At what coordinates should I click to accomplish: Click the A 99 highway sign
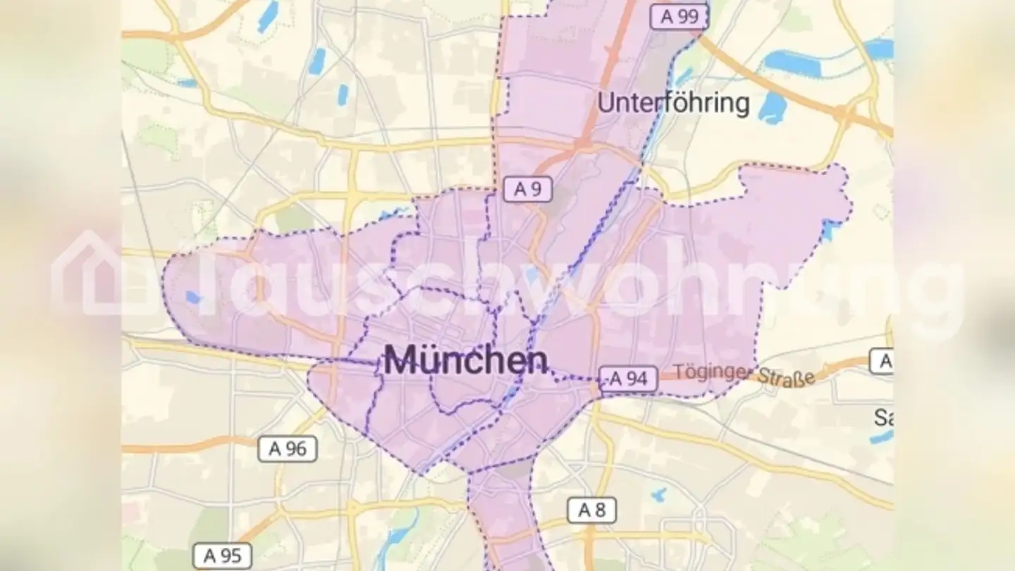click(x=679, y=17)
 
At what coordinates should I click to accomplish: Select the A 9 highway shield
click(x=527, y=189)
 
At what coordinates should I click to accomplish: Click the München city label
click(x=465, y=361)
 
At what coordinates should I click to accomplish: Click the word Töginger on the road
click(x=713, y=372)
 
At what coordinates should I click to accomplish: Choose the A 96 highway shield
click(x=288, y=448)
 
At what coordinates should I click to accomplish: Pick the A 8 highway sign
click(x=592, y=510)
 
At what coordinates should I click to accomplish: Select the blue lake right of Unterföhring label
click(x=773, y=107)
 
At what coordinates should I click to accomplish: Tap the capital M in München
click(x=399, y=361)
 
